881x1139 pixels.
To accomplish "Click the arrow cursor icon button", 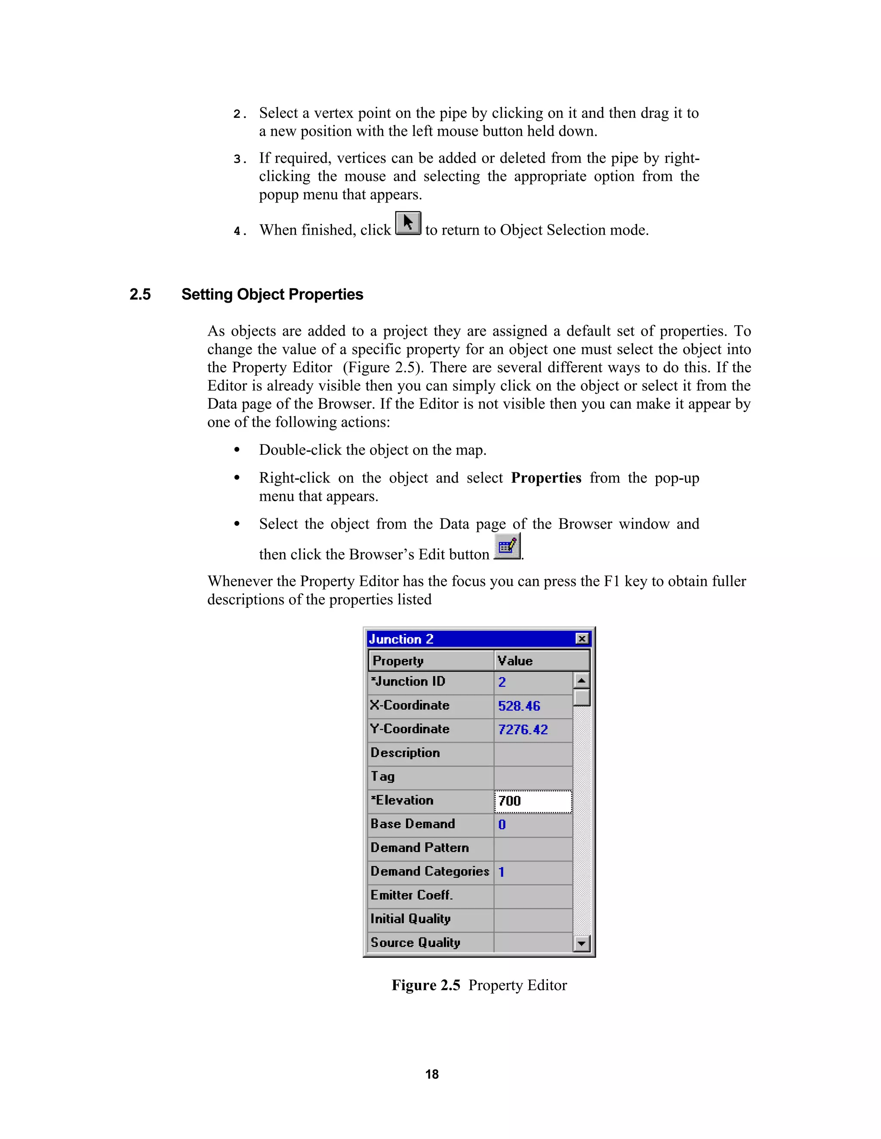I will click(408, 223).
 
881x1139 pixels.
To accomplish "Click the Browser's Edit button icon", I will click(507, 547).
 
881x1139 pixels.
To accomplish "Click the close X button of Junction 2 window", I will click(582, 638).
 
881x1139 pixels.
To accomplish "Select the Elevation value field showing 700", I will click(533, 801).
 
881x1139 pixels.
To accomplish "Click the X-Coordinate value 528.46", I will click(519, 706).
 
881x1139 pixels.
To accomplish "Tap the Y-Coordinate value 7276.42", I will click(522, 730).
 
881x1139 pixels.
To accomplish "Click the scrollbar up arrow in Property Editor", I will click(582, 680).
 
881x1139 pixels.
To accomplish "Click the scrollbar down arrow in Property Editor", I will click(582, 943).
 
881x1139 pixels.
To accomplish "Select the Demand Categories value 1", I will click(502, 872).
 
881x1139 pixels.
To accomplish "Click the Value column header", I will click(514, 661).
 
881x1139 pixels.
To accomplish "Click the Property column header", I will click(398, 661).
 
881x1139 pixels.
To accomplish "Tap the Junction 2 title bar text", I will click(401, 639).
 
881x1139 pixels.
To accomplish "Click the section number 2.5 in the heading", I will click(140, 295).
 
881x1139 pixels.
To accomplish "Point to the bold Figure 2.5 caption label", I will click(426, 985).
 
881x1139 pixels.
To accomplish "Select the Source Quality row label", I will click(415, 943).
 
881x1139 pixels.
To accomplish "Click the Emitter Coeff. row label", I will click(411, 895).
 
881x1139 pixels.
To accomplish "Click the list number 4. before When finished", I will click(239, 231).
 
